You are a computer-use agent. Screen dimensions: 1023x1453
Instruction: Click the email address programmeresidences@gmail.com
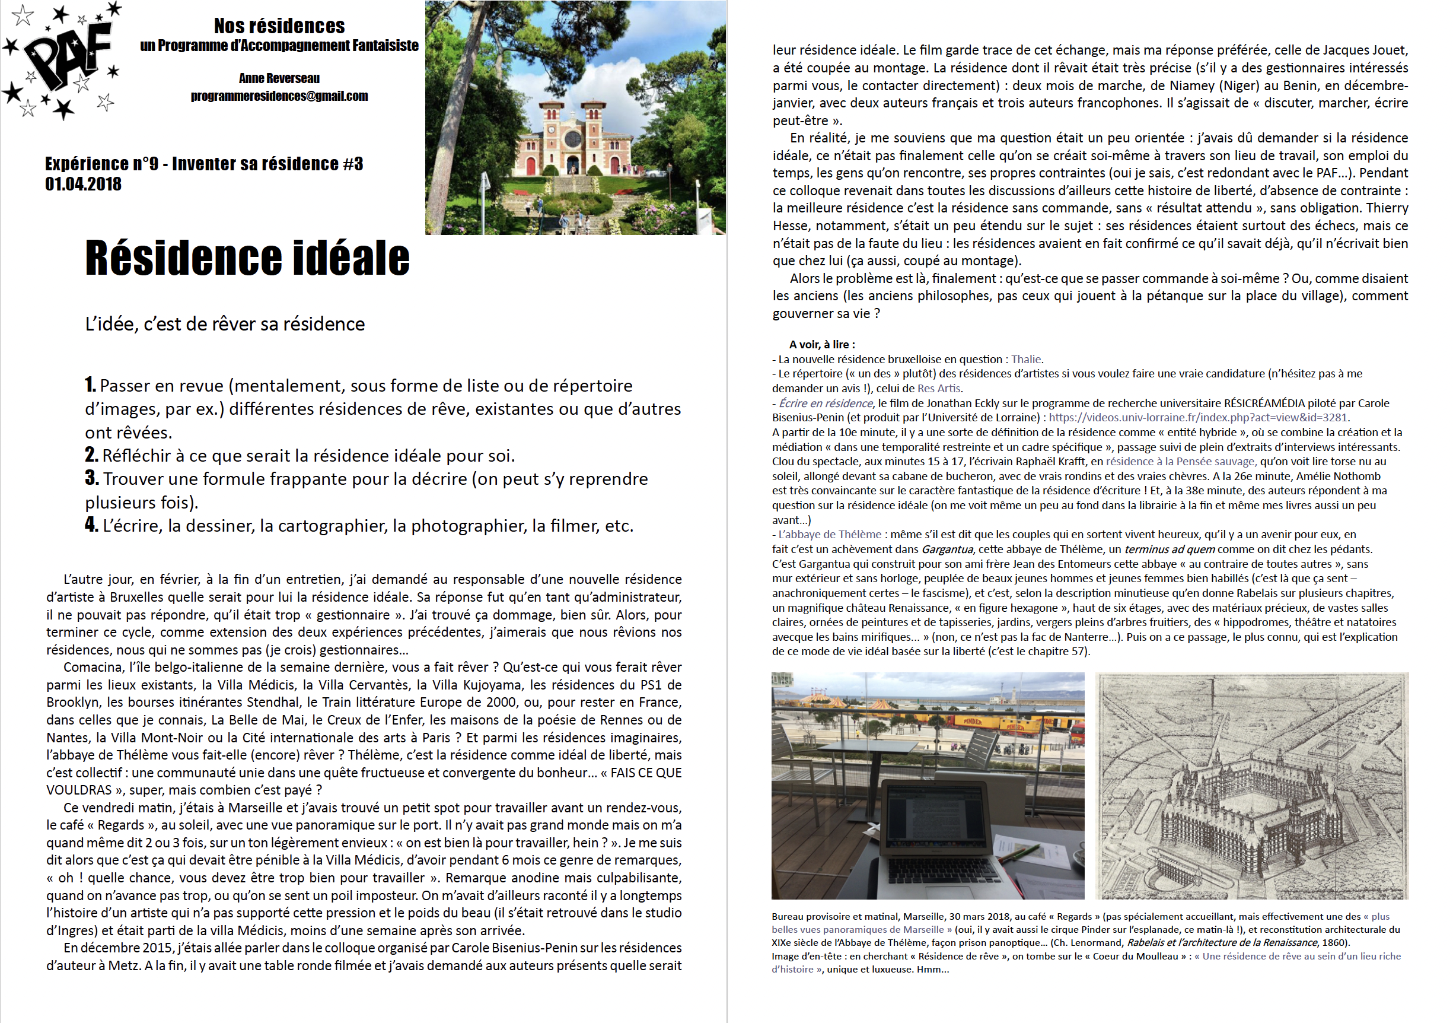279,96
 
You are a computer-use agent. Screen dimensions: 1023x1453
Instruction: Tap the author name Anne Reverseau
279,78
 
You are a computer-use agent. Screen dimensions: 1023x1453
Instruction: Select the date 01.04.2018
83,184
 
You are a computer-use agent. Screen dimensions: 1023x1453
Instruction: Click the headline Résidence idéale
247,258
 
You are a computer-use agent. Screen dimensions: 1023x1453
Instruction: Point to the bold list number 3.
91,478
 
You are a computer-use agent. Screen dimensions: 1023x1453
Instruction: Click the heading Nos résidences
279,26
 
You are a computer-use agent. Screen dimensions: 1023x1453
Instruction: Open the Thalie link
1026,359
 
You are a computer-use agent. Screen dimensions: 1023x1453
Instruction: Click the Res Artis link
938,388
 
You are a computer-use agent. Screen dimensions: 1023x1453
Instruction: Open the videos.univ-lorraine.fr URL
1197,417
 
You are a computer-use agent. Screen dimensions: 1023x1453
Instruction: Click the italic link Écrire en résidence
826,404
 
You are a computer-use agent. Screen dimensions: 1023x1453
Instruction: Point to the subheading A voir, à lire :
821,344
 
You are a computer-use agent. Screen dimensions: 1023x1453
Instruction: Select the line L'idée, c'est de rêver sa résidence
225,324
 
